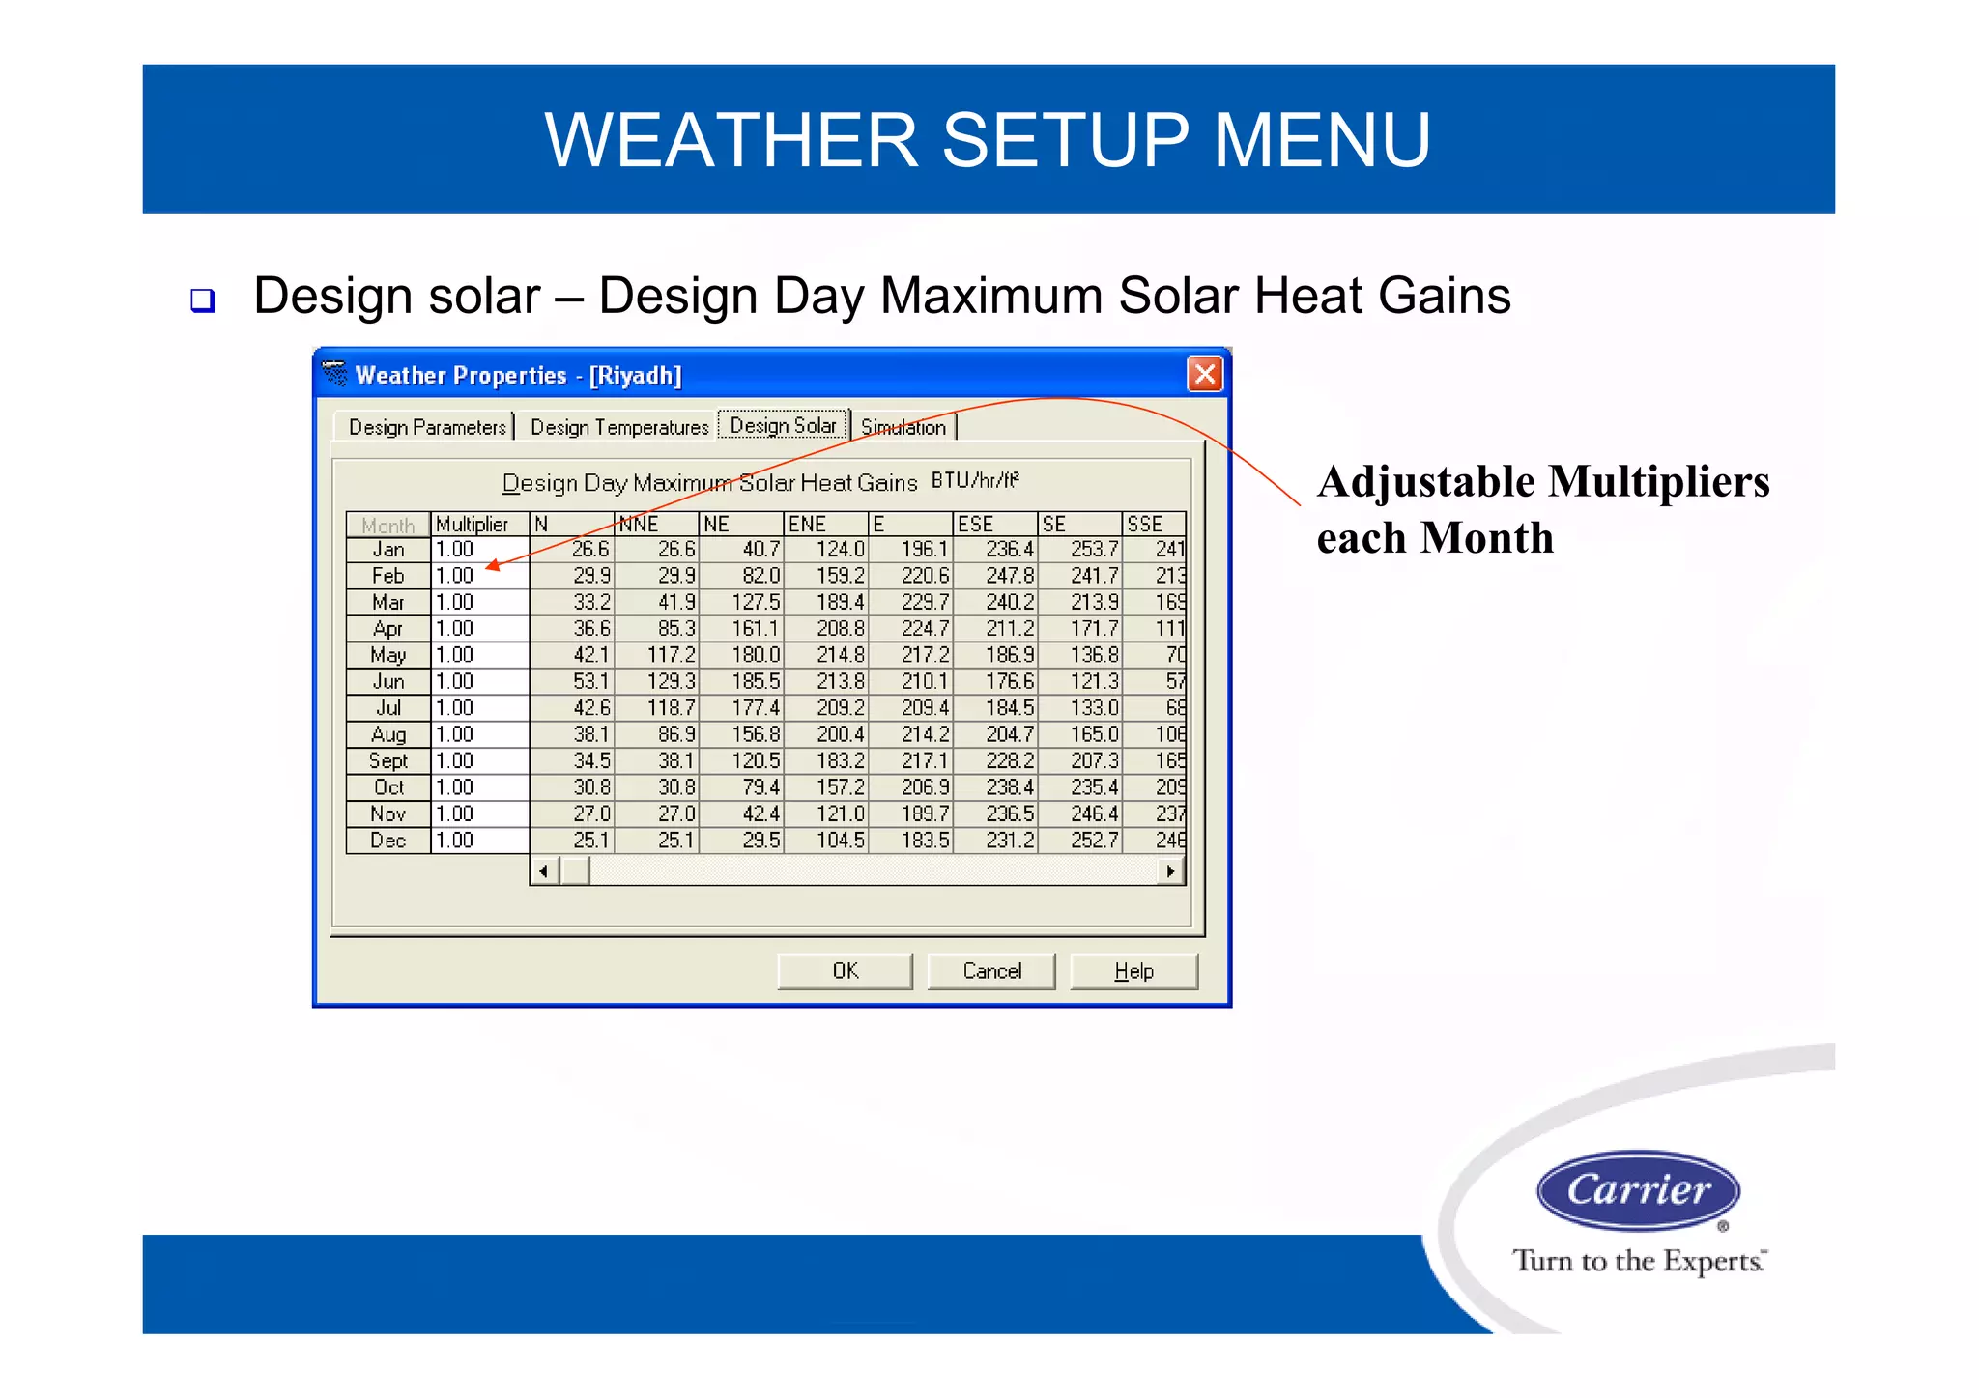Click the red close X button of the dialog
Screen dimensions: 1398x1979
(x=1204, y=374)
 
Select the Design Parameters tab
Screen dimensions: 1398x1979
(x=426, y=427)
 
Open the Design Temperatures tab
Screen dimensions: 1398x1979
(x=618, y=427)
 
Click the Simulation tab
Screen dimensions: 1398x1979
(x=903, y=427)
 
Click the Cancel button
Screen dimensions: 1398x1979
(x=991, y=971)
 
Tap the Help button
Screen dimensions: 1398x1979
(x=1133, y=971)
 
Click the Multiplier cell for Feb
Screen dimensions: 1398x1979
(x=479, y=576)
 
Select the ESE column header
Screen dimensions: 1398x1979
(x=993, y=524)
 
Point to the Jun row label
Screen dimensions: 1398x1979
(x=388, y=681)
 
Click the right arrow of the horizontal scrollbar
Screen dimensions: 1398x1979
(x=1170, y=871)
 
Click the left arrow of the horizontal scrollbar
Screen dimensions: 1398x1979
(x=544, y=871)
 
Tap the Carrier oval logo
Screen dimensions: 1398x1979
(x=1638, y=1190)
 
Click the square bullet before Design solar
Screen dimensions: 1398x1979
(x=202, y=300)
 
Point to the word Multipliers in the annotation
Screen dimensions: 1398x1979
(x=1659, y=482)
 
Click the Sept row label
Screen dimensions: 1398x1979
(x=388, y=761)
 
